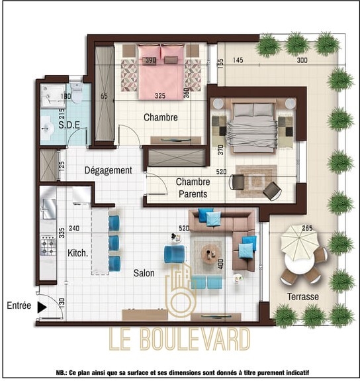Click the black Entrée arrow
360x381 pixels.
pyautogui.click(x=42, y=307)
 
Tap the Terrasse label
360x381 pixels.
pyautogui.click(x=303, y=297)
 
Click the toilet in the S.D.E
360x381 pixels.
pyautogui.click(x=77, y=92)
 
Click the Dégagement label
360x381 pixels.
pyautogui.click(x=109, y=170)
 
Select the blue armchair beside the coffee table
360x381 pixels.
pyautogui.click(x=175, y=254)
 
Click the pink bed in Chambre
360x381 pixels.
pyautogui.click(x=161, y=72)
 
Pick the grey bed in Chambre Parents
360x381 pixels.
pyautogui.click(x=252, y=128)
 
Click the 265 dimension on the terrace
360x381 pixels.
pyautogui.click(x=307, y=228)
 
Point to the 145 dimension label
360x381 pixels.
pyautogui.click(x=238, y=60)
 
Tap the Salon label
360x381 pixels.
pyautogui.click(x=144, y=273)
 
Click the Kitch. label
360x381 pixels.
pyautogui.click(x=77, y=253)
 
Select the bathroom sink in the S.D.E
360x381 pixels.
pyautogui.click(x=47, y=128)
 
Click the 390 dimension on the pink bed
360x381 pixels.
pyautogui.click(x=150, y=60)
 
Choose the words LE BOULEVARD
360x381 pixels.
pyautogui.click(x=179, y=339)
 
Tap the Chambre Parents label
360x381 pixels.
pyautogui.click(x=193, y=188)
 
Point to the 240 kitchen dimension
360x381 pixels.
pyautogui.click(x=74, y=228)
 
